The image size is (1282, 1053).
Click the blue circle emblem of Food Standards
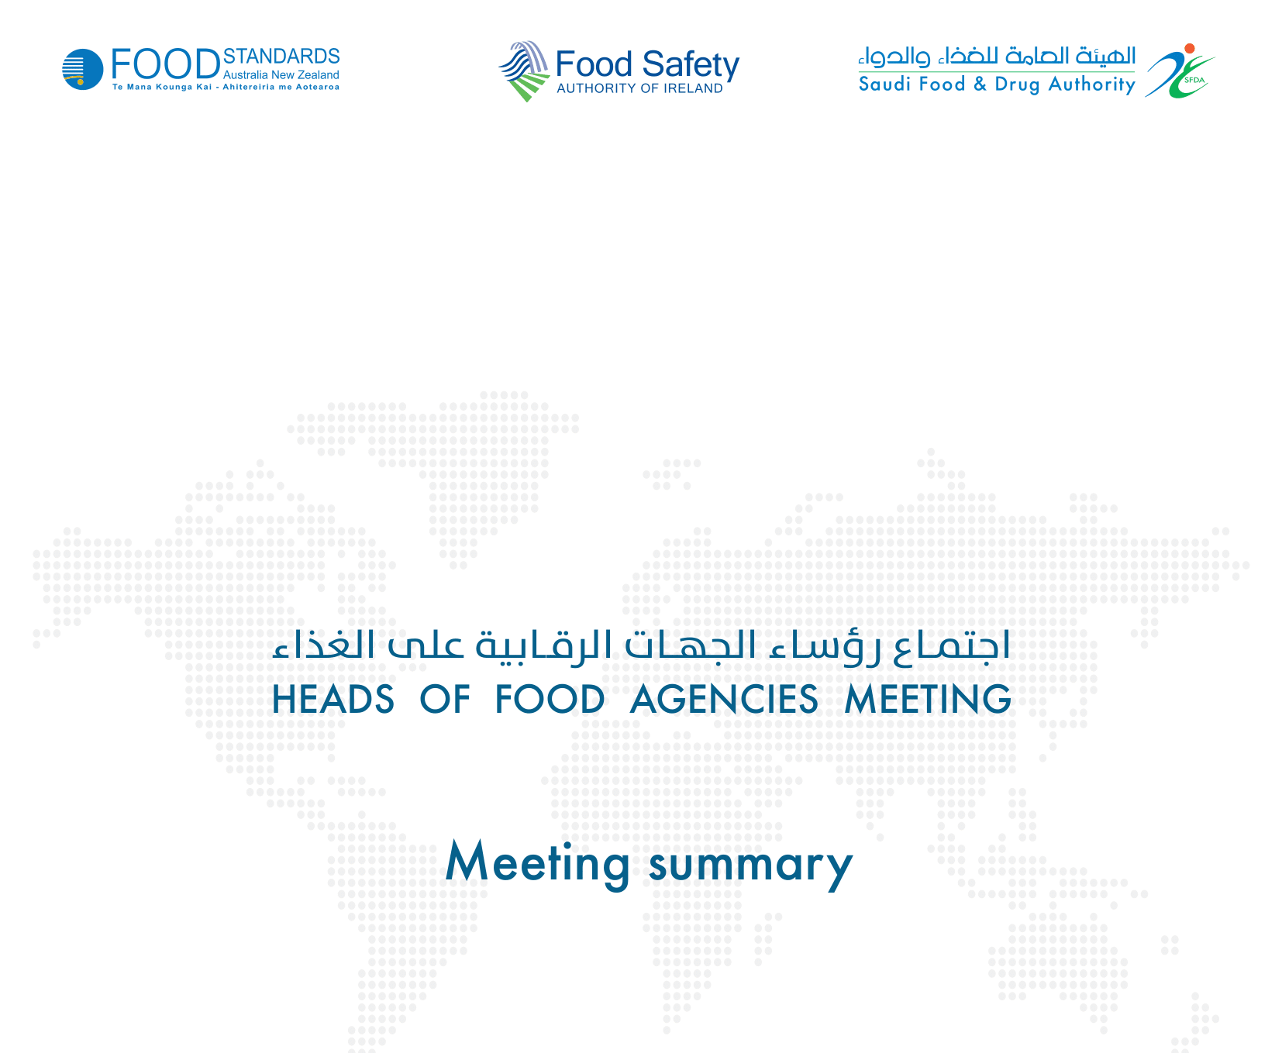pos(83,69)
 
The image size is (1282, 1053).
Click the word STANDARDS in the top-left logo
pos(281,57)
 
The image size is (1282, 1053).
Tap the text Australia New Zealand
pos(281,75)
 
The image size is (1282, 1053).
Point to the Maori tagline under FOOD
pos(226,87)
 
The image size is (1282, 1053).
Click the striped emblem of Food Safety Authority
pos(524,71)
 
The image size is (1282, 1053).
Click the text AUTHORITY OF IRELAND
pos(639,88)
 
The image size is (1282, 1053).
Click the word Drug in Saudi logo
pos(1018,84)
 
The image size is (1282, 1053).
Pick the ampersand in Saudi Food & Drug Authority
pos(980,84)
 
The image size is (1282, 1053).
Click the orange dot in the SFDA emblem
pos(1190,48)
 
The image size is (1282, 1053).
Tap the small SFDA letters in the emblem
pos(1194,79)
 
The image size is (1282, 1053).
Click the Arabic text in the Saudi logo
pos(997,57)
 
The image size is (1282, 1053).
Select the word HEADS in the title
pos(333,699)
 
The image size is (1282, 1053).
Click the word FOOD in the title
pos(550,699)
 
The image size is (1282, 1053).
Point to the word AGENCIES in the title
pos(724,699)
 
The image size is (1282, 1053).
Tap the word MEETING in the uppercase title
pos(928,699)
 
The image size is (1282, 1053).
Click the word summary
pos(751,865)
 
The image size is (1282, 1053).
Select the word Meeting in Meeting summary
pos(538,862)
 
